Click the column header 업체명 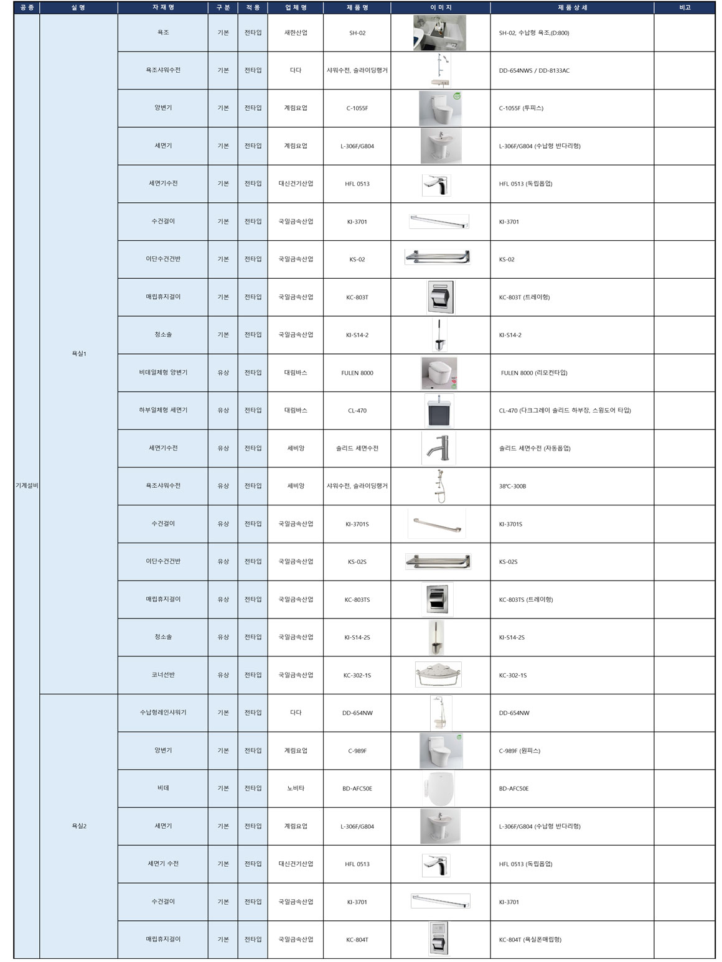tap(295, 7)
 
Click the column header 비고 tap(684, 7)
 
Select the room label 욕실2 tap(79, 826)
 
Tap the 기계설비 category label tap(27, 485)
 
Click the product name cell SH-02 tap(357, 33)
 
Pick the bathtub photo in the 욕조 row tap(439, 33)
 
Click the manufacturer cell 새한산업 tap(295, 33)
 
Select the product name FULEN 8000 tap(357, 373)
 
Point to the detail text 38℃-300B tap(512, 486)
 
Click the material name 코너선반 tap(163, 675)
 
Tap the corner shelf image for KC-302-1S tap(438, 675)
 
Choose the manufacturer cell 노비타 tap(295, 788)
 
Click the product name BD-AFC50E tap(357, 788)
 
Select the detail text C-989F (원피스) tap(519, 750)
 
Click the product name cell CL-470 tap(357, 411)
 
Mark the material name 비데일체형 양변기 tap(163, 372)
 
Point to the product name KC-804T tap(357, 940)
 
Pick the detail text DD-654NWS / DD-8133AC tap(534, 71)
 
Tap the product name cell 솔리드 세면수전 tap(357, 448)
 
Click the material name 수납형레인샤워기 tap(163, 712)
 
